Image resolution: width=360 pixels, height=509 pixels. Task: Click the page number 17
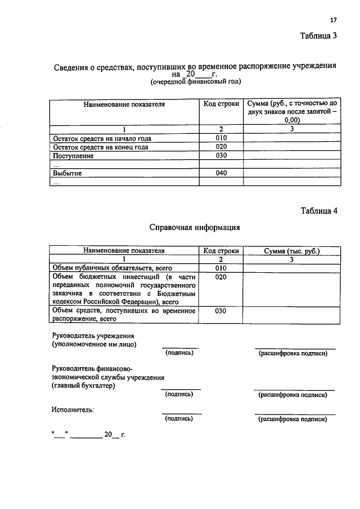click(333, 20)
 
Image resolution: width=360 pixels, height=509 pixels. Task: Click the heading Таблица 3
click(318, 36)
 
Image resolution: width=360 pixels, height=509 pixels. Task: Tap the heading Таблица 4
click(318, 211)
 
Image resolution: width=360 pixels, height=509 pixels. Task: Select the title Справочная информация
click(195, 228)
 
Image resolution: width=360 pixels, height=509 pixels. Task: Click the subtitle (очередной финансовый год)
click(195, 82)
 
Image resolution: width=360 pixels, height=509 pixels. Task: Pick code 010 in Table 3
click(221, 138)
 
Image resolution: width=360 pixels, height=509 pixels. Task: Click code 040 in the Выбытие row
click(221, 173)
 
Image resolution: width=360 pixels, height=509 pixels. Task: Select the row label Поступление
click(73, 156)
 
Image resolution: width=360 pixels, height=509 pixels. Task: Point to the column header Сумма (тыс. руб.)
click(291, 251)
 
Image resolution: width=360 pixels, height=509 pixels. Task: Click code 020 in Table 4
click(221, 277)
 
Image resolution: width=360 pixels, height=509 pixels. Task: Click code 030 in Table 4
click(221, 310)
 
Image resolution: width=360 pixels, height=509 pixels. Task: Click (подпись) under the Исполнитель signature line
click(179, 419)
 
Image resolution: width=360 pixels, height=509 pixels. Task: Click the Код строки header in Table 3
click(221, 104)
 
